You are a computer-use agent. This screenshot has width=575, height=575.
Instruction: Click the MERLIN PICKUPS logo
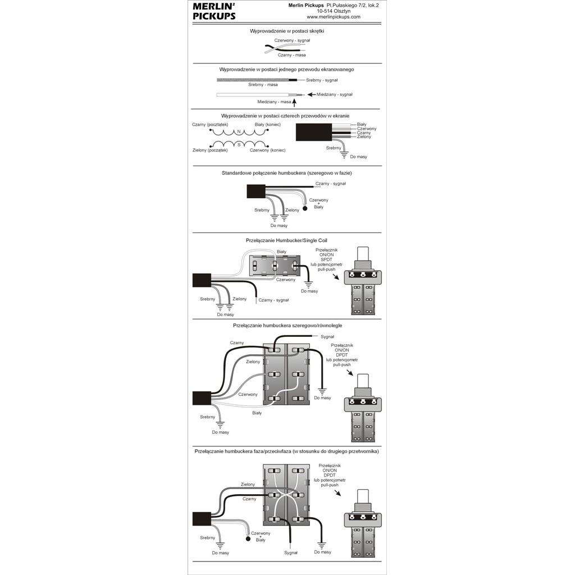click(214, 11)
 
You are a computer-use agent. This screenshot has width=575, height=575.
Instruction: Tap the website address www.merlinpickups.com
click(334, 17)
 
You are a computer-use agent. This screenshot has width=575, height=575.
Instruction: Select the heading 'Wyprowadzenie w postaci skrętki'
click(286, 31)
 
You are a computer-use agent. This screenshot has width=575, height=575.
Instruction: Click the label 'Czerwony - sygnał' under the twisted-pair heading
click(292, 40)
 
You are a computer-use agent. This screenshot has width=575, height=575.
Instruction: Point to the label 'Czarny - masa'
click(291, 55)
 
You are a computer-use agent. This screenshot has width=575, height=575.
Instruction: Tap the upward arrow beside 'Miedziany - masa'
click(294, 101)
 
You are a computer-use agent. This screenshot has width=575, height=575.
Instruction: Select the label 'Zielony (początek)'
click(209, 150)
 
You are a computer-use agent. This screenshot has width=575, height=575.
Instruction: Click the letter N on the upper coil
click(239, 133)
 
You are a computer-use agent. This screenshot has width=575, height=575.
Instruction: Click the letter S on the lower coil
click(239, 145)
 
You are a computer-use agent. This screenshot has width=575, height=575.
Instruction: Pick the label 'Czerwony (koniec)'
click(267, 150)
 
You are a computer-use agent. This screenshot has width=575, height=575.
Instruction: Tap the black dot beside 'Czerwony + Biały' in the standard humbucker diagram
click(305, 208)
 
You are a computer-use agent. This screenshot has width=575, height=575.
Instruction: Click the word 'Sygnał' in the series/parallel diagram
click(327, 337)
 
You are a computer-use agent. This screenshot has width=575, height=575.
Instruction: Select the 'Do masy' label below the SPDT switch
click(309, 291)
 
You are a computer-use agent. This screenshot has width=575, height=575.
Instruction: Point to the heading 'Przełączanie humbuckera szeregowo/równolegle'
click(287, 325)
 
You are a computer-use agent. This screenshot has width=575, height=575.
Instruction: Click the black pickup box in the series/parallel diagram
click(201, 398)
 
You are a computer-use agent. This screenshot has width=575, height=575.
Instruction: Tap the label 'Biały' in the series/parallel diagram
click(257, 413)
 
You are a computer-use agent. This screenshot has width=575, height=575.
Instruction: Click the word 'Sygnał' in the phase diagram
click(291, 553)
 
